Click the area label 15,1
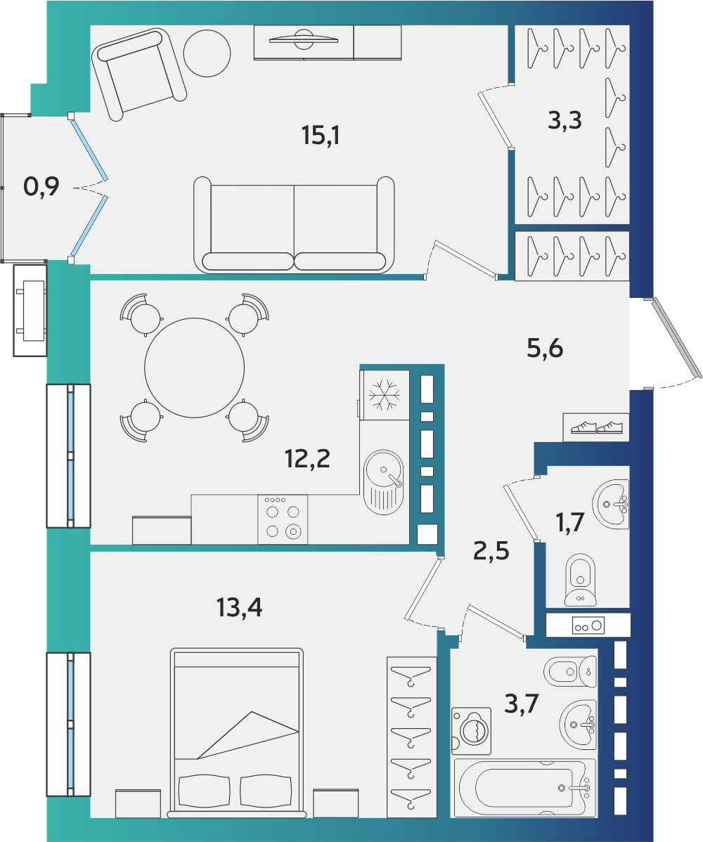[x=321, y=136]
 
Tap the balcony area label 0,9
[x=41, y=186]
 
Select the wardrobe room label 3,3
[x=565, y=120]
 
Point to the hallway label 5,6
[x=545, y=349]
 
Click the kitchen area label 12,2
[x=307, y=459]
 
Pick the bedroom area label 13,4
[x=240, y=608]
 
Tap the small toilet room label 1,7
[x=570, y=522]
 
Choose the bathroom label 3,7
[x=522, y=704]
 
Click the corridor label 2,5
[x=491, y=551]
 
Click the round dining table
[x=195, y=368]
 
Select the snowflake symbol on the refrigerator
[x=385, y=395]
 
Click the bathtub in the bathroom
[x=524, y=788]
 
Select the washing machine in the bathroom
[x=472, y=731]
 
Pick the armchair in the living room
[x=138, y=74]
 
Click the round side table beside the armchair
[x=207, y=53]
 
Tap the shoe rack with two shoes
[x=596, y=427]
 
